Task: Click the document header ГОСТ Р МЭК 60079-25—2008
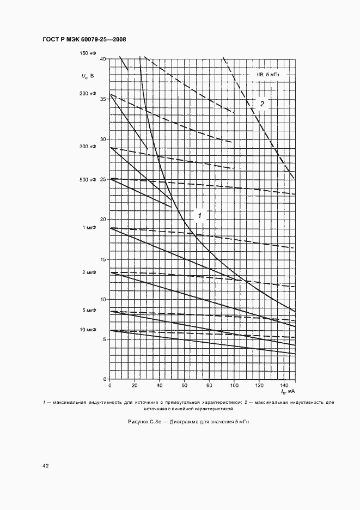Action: click(x=83, y=39)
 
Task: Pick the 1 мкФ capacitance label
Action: click(x=89, y=228)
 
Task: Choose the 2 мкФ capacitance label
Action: click(x=89, y=272)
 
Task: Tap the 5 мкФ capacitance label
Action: click(x=89, y=311)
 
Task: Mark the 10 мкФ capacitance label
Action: click(x=88, y=330)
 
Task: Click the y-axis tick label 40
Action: click(x=103, y=58)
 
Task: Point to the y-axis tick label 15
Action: click(x=103, y=259)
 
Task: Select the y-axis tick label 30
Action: click(x=103, y=139)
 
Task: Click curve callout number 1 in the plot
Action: click(x=200, y=216)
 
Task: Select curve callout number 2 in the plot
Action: click(x=261, y=104)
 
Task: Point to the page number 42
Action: click(x=46, y=466)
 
